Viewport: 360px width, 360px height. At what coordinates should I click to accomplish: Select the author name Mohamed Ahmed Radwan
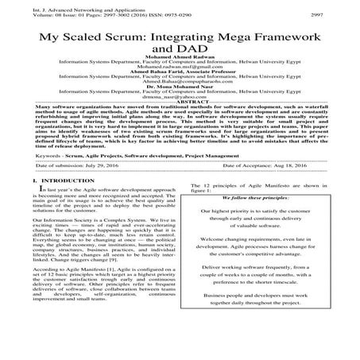(180, 68)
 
